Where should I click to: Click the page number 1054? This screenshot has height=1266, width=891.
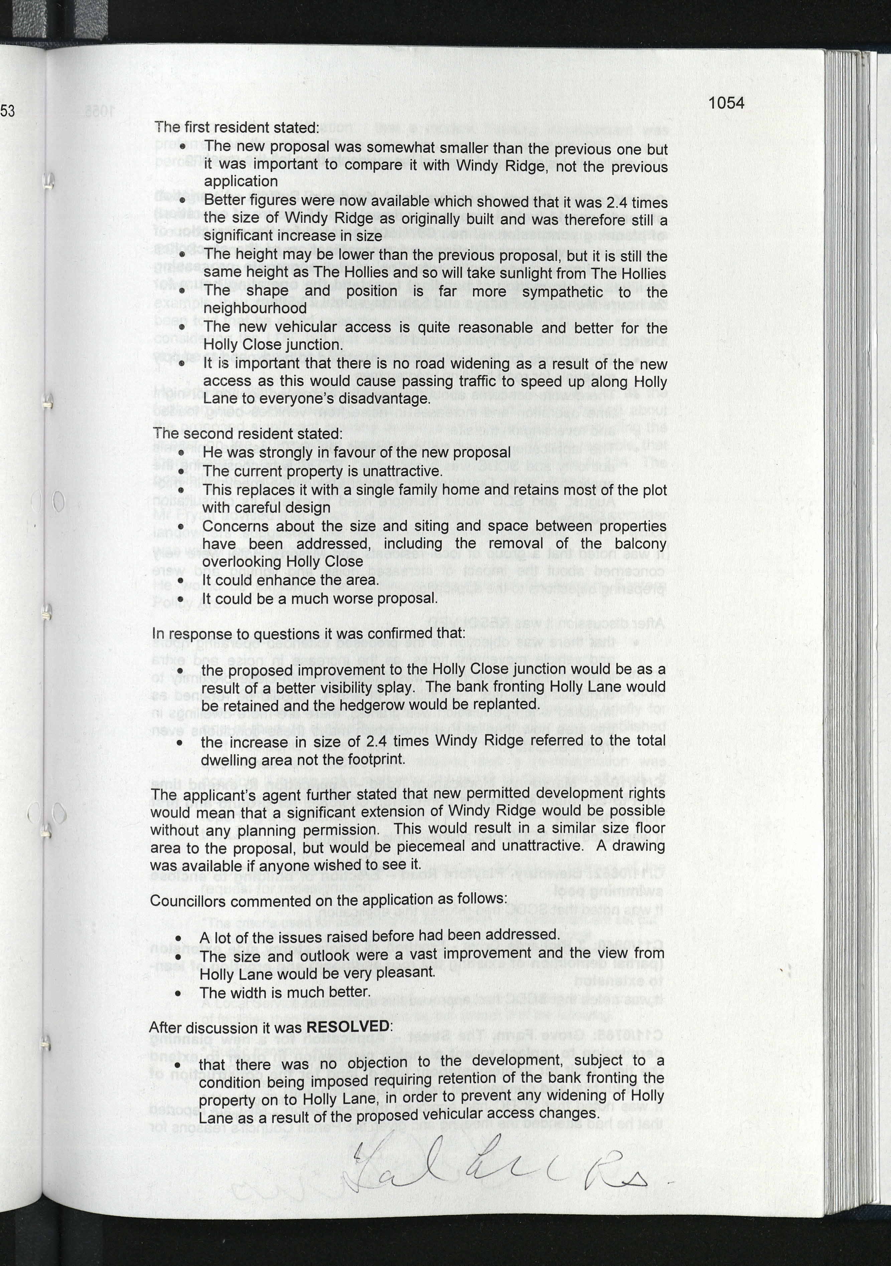(x=726, y=103)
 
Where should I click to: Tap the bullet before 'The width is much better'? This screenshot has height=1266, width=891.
(x=178, y=994)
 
